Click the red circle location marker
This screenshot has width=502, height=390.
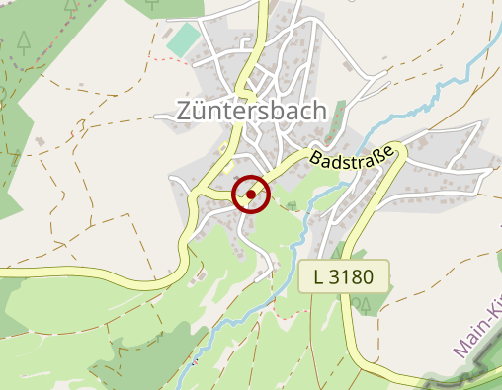(251, 194)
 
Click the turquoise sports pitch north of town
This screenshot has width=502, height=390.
(183, 40)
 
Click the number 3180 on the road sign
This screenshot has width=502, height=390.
(353, 276)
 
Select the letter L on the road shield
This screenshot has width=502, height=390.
(318, 276)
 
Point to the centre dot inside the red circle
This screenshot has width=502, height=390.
(251, 195)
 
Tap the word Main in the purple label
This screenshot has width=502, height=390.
(468, 341)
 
